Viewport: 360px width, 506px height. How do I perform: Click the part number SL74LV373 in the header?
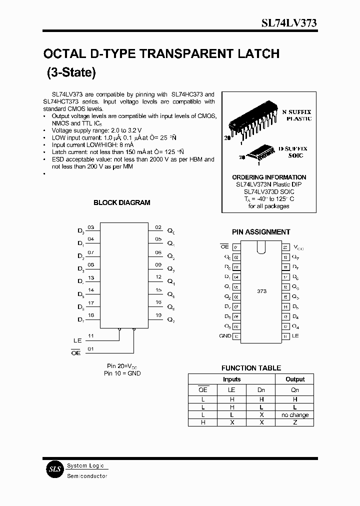point(289,24)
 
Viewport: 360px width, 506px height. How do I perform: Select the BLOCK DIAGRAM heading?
point(121,202)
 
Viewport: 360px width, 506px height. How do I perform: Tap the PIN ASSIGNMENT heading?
point(261,232)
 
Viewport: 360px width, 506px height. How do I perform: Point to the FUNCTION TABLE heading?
point(251,368)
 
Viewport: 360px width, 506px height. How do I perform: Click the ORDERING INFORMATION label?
point(269,177)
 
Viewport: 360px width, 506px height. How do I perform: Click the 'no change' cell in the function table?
point(295,415)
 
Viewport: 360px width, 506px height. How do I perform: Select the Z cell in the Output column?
point(295,422)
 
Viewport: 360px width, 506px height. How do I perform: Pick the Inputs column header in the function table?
point(231,379)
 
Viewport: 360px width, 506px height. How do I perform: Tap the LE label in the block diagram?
point(77,340)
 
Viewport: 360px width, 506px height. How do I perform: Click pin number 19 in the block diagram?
point(158,315)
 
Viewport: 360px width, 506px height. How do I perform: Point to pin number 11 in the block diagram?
point(90,335)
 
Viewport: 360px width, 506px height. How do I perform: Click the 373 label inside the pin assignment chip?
point(261,290)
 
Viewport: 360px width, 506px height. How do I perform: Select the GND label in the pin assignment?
point(225,336)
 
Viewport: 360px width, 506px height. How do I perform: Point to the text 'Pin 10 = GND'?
point(122,373)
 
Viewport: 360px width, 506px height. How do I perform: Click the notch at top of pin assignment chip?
point(260,247)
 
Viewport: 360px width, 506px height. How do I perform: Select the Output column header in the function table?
point(295,379)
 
